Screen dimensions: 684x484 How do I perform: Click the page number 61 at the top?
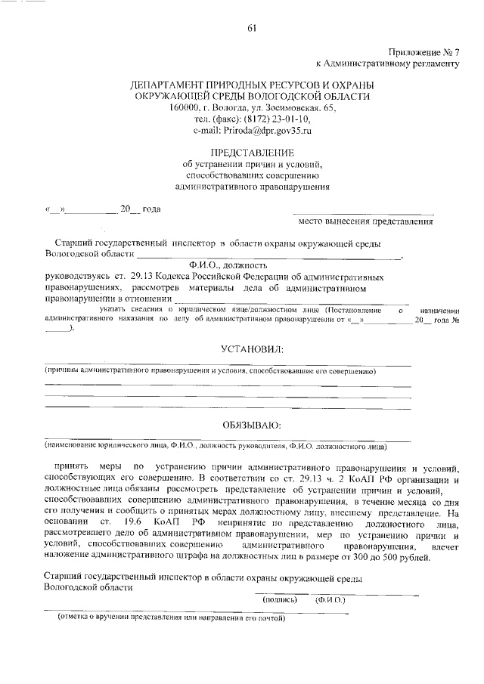click(252, 29)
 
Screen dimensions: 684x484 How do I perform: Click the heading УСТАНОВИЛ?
click(252, 350)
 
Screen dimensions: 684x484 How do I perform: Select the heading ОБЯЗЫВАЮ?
click(252, 425)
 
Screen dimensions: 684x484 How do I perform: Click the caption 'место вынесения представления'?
click(365, 221)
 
